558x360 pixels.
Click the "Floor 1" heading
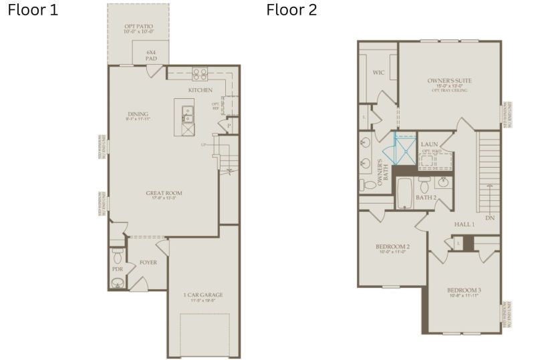33,10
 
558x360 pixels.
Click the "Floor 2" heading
291,10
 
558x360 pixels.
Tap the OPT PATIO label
138,29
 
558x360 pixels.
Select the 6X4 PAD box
150,55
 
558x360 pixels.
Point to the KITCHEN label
200,90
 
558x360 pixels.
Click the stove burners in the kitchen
199,73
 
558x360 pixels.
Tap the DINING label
138,115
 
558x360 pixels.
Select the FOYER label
148,262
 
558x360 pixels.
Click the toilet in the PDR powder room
117,256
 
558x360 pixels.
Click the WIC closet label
378,72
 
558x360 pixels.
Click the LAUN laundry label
429,144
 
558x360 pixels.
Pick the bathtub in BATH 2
403,193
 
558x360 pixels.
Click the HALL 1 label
464,224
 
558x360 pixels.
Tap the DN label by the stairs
490,218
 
